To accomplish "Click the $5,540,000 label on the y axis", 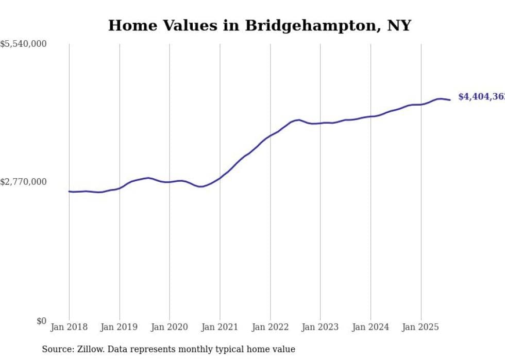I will click(23, 45).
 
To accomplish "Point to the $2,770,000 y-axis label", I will click(23, 182).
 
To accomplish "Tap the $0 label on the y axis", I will click(41, 321).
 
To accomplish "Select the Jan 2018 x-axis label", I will click(69, 327).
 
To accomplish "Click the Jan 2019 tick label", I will click(120, 327).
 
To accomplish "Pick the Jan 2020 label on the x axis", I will click(170, 327).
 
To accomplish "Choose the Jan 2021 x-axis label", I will click(220, 327).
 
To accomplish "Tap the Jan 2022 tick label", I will click(270, 327).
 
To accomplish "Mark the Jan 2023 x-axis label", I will click(320, 327).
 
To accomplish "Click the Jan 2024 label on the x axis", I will click(371, 327).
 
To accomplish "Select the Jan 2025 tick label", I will click(421, 327).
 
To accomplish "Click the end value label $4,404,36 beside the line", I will click(481, 97).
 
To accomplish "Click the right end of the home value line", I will click(450, 100).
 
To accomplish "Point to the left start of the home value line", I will click(69, 192).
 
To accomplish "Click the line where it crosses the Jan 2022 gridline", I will click(270, 136).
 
